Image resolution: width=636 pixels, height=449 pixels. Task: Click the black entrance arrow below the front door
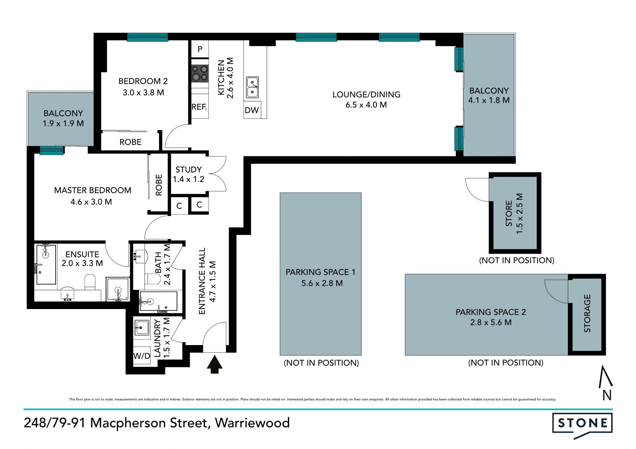click(214, 364)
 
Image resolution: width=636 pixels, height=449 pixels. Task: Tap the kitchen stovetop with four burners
click(200, 73)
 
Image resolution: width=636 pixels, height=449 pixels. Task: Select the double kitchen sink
click(252, 87)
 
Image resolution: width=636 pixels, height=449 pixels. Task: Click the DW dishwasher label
click(251, 110)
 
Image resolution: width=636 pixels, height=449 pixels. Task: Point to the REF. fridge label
click(199, 107)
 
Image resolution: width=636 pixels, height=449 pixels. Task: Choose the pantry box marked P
click(200, 49)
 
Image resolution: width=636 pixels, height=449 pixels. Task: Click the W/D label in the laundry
click(142, 356)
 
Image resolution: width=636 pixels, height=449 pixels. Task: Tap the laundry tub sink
click(142, 328)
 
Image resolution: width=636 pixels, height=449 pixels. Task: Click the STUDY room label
click(188, 170)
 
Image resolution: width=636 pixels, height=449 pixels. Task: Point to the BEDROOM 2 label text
click(143, 81)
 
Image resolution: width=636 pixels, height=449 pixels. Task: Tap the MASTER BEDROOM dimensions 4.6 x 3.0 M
click(91, 202)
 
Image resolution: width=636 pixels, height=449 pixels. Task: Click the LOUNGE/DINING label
click(366, 95)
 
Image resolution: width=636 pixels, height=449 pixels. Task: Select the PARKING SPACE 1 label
click(320, 272)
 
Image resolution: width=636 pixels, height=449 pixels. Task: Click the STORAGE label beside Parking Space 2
click(587, 313)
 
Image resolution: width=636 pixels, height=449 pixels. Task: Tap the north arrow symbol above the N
click(605, 377)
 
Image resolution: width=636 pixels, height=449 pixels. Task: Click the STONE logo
click(582, 426)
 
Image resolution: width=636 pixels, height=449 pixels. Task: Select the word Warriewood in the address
click(252, 423)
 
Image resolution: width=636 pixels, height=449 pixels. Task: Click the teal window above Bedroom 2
click(147, 37)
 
